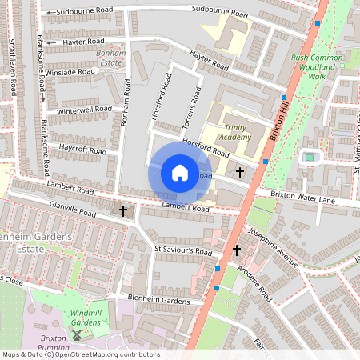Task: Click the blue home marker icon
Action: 180,173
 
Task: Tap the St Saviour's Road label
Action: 183,251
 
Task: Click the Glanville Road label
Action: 74,209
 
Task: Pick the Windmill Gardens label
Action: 86,317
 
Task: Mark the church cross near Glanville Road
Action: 123,211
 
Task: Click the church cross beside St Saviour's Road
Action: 237,250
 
